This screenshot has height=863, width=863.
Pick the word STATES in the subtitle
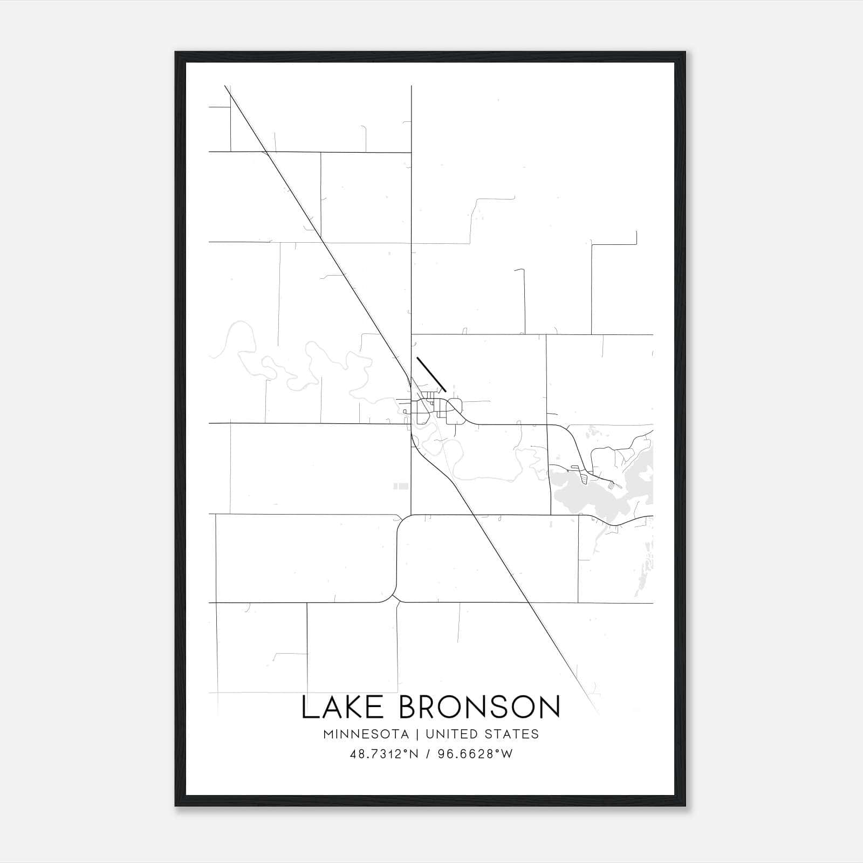(x=510, y=734)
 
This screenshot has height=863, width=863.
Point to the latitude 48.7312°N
(x=384, y=754)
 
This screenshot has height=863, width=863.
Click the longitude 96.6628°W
(x=475, y=754)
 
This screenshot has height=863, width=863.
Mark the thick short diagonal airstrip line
(x=431, y=373)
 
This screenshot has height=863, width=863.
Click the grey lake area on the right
(x=588, y=494)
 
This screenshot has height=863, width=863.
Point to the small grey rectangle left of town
(x=401, y=486)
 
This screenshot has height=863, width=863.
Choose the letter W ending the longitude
(x=506, y=754)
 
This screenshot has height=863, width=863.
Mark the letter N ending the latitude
(x=413, y=754)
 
